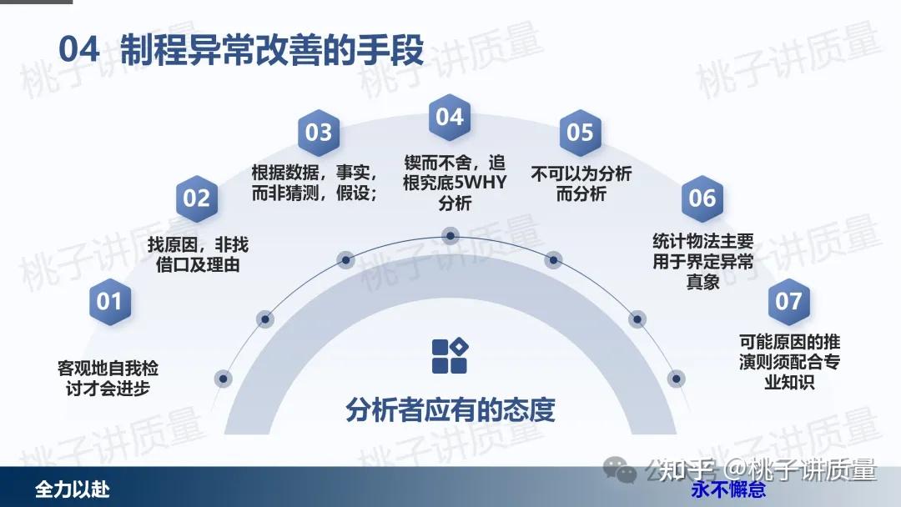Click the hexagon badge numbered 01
click(110, 301)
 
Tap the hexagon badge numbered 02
click(197, 198)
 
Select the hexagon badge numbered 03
click(319, 133)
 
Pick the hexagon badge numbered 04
click(450, 117)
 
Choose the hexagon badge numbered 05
click(580, 133)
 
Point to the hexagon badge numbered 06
click(702, 198)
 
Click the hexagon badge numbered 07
click(788, 301)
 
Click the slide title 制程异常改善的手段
click(272, 49)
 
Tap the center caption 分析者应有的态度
click(450, 410)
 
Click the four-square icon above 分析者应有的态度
click(450, 356)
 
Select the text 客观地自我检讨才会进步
click(108, 379)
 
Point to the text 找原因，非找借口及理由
click(198, 255)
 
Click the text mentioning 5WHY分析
click(455, 183)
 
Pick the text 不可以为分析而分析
click(581, 183)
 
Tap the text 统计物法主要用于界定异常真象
click(702, 261)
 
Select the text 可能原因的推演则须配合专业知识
click(789, 362)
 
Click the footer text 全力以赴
click(73, 489)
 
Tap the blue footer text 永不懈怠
click(728, 489)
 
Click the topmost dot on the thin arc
click(450, 235)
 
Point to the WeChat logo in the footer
click(619, 470)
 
